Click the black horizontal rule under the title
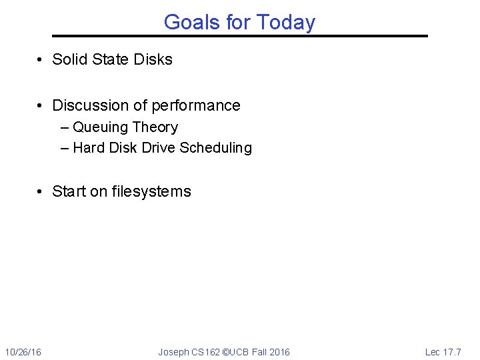pos(240,36)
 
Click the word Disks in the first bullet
pos(153,59)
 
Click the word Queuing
pos(101,127)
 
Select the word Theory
pos(155,127)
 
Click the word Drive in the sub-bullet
pos(159,148)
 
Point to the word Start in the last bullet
pos(69,191)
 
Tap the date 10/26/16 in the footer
pos(23,352)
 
